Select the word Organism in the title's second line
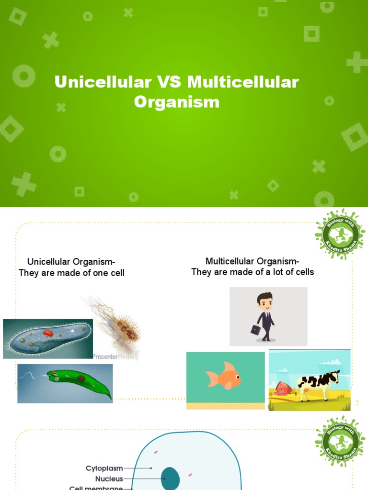[x=176, y=101]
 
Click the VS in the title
[x=168, y=82]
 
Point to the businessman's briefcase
[x=254, y=329]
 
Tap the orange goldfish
[x=223, y=376]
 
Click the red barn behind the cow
[x=283, y=389]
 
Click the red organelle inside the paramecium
[x=48, y=333]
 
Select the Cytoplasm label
[x=104, y=468]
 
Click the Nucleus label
[x=109, y=479]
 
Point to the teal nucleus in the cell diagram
[x=170, y=479]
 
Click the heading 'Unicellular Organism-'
[x=71, y=262]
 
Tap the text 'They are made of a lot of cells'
[x=253, y=272]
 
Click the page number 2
[x=357, y=403]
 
